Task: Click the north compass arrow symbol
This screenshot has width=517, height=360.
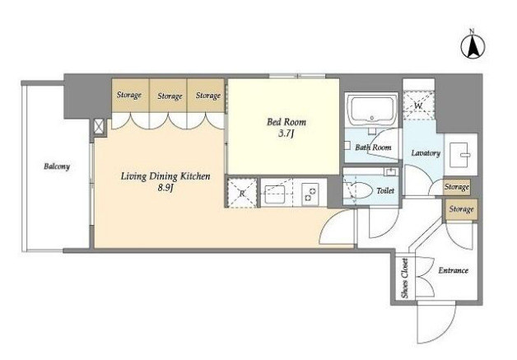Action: pos(473,46)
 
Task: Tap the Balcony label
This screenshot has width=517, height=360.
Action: pos(57,166)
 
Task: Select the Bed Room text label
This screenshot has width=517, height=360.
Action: pos(286,122)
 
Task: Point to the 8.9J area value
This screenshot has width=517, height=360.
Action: pos(165,188)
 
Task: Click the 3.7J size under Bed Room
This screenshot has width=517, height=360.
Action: pos(286,133)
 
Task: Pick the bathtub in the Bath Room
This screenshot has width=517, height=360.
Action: pos(372,109)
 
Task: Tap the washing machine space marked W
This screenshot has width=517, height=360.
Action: pos(418,105)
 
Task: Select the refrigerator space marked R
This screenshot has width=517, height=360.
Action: pos(242,193)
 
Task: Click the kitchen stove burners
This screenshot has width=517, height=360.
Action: pos(310,194)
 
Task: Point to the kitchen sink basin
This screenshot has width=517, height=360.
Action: pos(275,194)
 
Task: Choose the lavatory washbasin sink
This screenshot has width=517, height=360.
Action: pos(459,154)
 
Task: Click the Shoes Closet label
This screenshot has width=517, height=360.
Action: pos(404,278)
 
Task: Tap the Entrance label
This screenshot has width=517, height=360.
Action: pos(454,270)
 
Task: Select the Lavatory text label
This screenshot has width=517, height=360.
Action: pos(426,153)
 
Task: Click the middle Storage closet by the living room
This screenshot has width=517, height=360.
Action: pos(169,96)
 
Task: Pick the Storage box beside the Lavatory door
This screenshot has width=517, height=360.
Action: pos(457,187)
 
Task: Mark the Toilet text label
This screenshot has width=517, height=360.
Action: pos(385,191)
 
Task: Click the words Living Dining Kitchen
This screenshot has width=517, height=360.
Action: pos(165,176)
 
